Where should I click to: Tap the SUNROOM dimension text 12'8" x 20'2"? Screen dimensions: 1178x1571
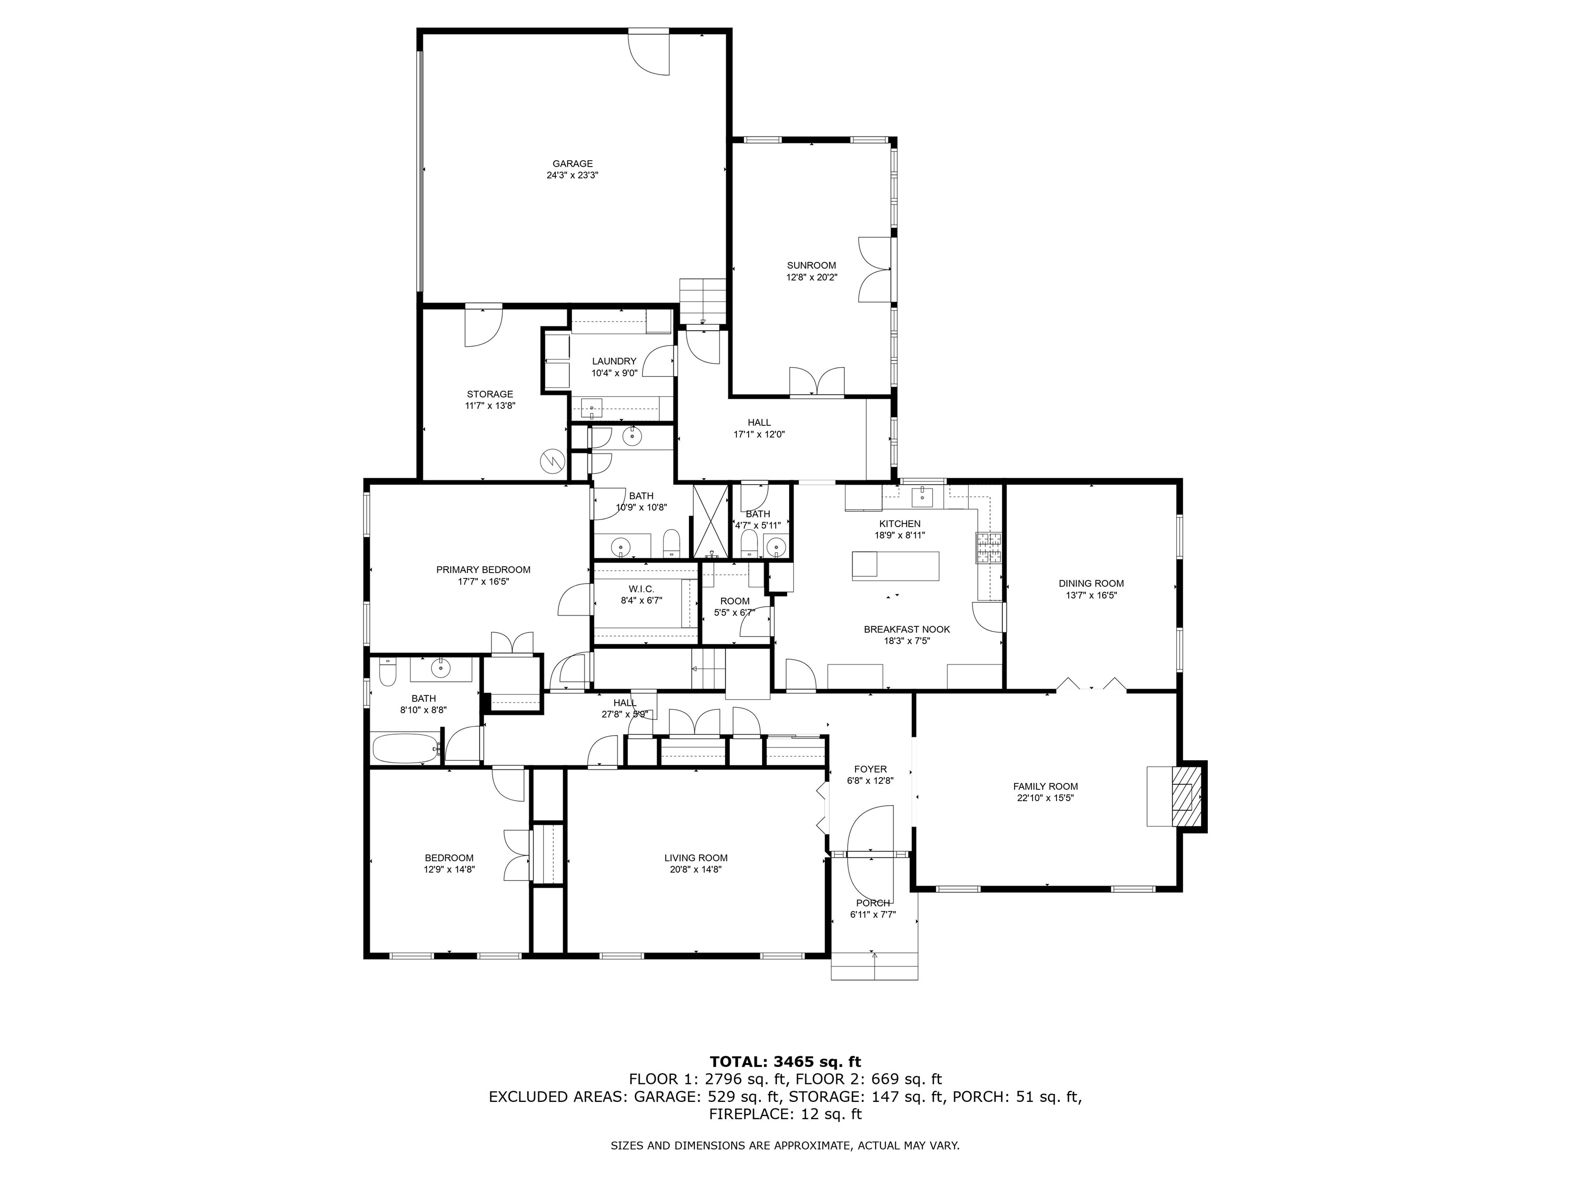[811, 278]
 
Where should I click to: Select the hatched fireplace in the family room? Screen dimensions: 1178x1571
[1183, 796]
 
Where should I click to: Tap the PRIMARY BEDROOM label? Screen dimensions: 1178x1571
[483, 570]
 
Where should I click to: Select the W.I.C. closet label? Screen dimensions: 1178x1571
[641, 588]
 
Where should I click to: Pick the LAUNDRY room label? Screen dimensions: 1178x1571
[614, 361]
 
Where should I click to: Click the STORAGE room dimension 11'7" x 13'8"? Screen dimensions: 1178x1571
[489, 406]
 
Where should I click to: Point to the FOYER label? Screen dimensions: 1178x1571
[870, 769]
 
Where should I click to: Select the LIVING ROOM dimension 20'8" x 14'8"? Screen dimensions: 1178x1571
[695, 869]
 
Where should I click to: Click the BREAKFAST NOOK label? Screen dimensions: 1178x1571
[906, 629]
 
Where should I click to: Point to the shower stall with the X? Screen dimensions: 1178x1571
[711, 520]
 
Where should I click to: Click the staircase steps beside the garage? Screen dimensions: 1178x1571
[703, 300]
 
